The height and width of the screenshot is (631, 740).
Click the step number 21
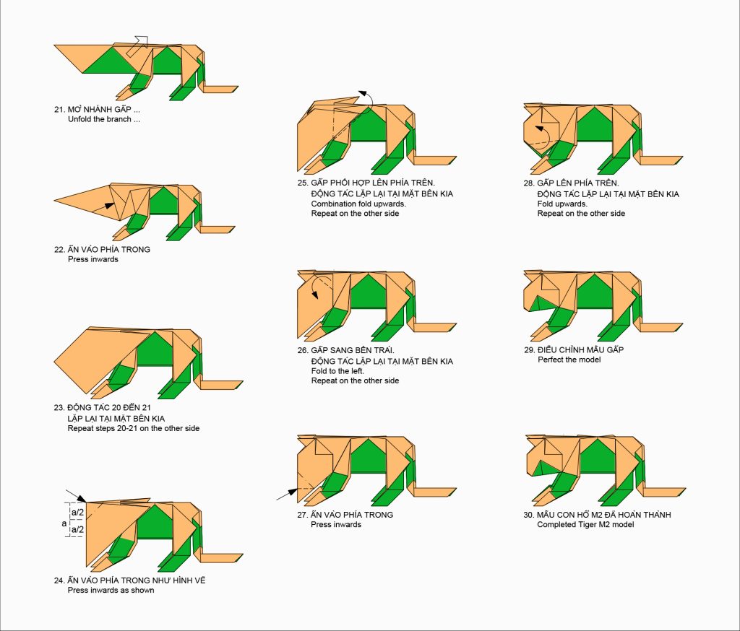pyautogui.click(x=59, y=110)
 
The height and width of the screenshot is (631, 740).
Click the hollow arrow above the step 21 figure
pyautogui.click(x=138, y=45)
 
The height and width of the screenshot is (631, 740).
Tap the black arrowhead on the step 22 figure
pyautogui.click(x=110, y=206)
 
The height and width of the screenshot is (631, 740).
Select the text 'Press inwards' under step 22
pyautogui.click(x=93, y=259)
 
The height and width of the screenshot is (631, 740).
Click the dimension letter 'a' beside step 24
pyautogui.click(x=64, y=523)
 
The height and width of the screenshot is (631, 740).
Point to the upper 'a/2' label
pyautogui.click(x=77, y=512)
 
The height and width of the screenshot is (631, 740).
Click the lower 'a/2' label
pyautogui.click(x=77, y=530)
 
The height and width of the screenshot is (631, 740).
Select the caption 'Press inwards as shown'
pyautogui.click(x=111, y=590)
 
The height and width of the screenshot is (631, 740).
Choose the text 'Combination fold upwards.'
pyautogui.click(x=358, y=204)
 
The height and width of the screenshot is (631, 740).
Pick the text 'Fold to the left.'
pyautogui.click(x=337, y=371)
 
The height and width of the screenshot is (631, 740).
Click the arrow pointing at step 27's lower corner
pyautogui.click(x=287, y=495)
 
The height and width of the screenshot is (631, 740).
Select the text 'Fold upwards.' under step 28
pyautogui.click(x=562, y=204)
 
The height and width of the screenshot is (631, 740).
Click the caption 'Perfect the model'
pyautogui.click(x=569, y=360)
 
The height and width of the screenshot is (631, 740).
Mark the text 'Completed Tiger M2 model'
pyautogui.click(x=585, y=524)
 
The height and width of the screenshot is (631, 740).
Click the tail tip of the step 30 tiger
pyautogui.click(x=685, y=489)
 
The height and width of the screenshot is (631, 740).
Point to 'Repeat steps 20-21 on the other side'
pyautogui.click(x=134, y=428)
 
